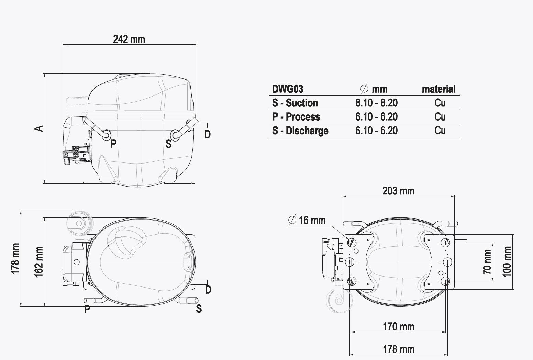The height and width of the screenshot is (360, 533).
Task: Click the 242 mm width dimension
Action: pos(129,40)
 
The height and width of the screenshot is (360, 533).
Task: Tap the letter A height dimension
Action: pos(39,128)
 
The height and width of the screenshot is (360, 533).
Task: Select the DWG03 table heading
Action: pos(288,89)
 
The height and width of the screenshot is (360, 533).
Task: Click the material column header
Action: pos(438,89)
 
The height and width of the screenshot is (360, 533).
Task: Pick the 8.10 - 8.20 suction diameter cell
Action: pos(376,103)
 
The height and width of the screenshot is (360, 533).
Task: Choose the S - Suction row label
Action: pos(295,103)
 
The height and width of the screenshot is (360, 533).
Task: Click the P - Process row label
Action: pos(296,117)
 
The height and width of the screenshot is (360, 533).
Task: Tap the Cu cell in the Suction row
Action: pos(440,103)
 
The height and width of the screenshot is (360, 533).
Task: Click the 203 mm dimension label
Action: pos(398,191)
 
